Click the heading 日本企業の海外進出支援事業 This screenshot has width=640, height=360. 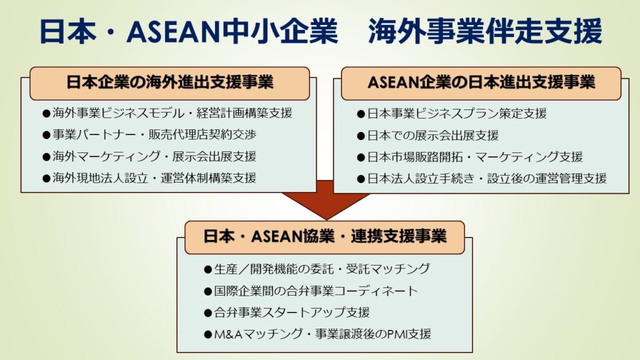point(170,82)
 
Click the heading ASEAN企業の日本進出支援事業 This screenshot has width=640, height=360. point(481,82)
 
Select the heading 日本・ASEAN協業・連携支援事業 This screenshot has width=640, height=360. point(325,237)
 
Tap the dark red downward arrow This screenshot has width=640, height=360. point(326,200)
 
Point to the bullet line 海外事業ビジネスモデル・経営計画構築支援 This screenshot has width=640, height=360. point(167,113)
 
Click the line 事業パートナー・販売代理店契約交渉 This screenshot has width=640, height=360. point(149,135)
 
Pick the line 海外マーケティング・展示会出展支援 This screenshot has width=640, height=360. point(149,156)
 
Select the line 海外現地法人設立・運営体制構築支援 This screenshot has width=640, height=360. point(149,178)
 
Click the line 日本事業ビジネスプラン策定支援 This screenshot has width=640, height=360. point(452,114)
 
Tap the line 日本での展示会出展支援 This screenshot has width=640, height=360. point(427,135)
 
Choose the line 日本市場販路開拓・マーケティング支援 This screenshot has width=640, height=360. point(470,157)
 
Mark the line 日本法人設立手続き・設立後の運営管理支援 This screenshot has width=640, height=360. point(482,178)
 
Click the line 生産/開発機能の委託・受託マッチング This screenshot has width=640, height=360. point(317,269)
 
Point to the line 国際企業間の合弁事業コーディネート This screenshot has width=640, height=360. point(311,291)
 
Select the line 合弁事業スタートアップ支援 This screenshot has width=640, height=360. point(287,312)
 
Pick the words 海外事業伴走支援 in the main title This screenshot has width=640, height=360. point(485,31)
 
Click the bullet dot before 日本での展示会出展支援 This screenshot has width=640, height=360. point(361,136)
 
